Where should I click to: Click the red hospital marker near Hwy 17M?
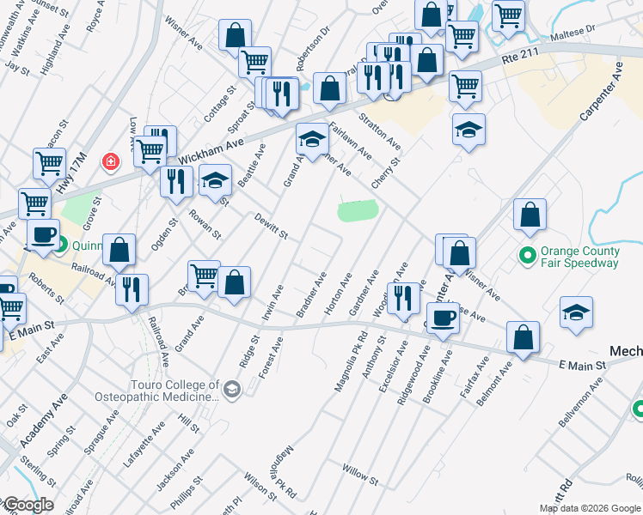(x=110, y=161)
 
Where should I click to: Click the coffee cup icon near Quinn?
(x=43, y=234)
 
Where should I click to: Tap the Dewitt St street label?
(x=270, y=227)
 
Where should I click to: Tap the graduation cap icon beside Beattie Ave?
(x=215, y=180)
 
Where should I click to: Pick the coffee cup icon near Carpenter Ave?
(x=444, y=318)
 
